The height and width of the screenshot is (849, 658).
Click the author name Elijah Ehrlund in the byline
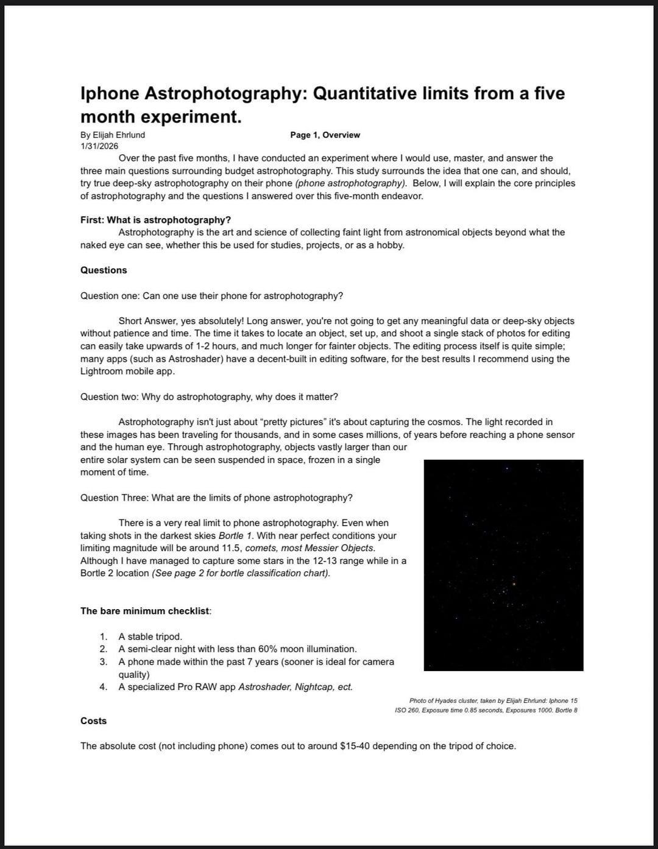coord(119,135)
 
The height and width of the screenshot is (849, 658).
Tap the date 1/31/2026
coord(99,146)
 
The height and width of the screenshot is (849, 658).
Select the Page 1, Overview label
coord(325,135)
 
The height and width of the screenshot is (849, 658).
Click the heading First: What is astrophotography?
coord(155,220)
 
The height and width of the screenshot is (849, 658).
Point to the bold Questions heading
coord(104,270)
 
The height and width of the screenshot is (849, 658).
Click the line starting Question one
coord(211,295)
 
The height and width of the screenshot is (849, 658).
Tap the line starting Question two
coord(209,396)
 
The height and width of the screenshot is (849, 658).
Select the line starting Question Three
coord(216,498)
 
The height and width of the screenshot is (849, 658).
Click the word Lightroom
coord(102,371)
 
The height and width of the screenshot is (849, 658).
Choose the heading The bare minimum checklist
coord(145,611)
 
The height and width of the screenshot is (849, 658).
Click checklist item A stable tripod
coord(150,636)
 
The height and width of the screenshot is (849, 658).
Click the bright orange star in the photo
coord(514,583)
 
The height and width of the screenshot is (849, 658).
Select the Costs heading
coord(93,720)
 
